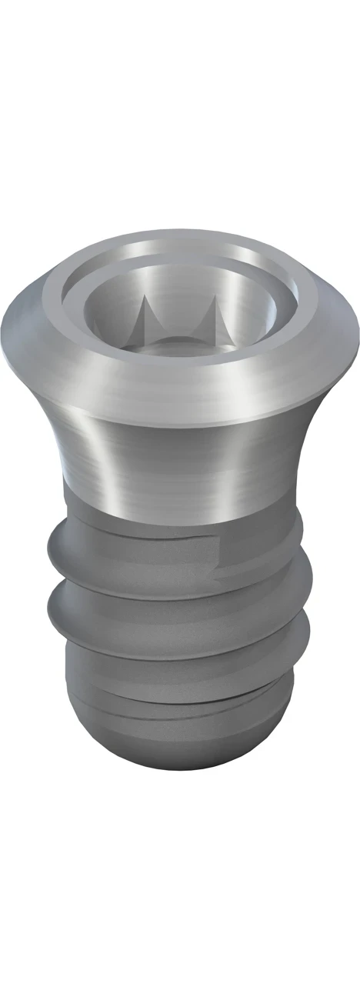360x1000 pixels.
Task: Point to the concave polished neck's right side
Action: pyautogui.click(x=285, y=462)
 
